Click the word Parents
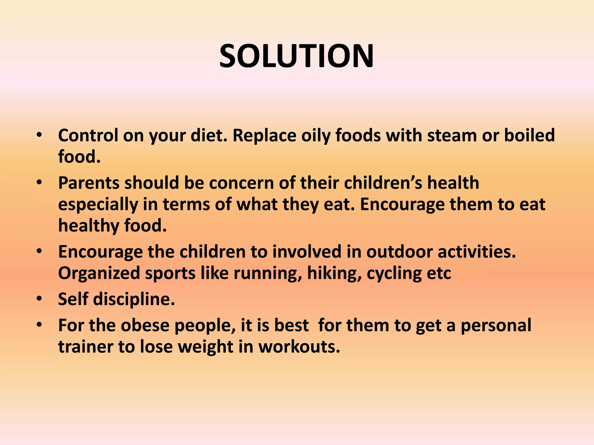click(89, 183)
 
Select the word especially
click(98, 205)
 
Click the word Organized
click(99, 273)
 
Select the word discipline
click(134, 299)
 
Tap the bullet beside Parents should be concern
click(39, 183)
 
